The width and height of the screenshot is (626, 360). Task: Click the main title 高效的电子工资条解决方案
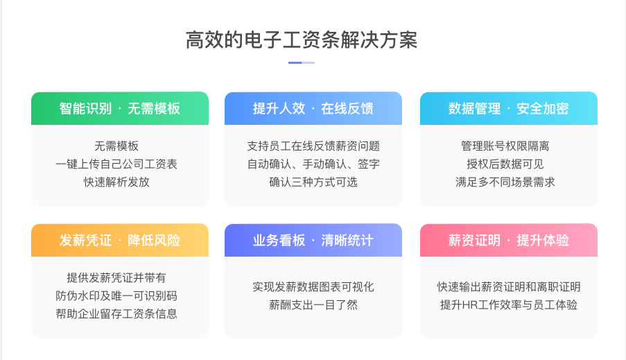click(302, 40)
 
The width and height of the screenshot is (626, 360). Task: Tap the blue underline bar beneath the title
click(302, 62)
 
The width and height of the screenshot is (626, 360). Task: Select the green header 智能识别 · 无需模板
click(120, 108)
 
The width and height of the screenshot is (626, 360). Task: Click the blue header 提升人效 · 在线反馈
click(313, 108)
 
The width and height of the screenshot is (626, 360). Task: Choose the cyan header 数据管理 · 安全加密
click(509, 108)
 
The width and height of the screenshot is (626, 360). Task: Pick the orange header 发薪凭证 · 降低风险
click(120, 240)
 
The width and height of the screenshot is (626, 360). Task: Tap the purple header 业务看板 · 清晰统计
click(313, 240)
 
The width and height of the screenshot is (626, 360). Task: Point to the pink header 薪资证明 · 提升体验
click(509, 240)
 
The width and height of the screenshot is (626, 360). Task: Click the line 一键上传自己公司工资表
click(116, 164)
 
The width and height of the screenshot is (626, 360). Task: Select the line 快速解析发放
click(116, 182)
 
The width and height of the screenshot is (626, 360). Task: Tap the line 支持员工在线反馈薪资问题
click(313, 146)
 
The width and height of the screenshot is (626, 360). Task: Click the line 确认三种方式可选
click(313, 182)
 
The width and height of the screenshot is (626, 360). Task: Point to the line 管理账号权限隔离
click(505, 146)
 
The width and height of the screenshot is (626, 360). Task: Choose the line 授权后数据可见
click(505, 164)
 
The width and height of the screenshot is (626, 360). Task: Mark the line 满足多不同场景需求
click(505, 182)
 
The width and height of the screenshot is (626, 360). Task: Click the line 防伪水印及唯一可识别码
click(116, 296)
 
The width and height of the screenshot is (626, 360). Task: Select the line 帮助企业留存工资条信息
click(116, 314)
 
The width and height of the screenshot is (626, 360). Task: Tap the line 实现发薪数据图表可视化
click(313, 287)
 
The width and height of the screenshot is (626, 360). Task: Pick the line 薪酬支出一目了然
click(313, 305)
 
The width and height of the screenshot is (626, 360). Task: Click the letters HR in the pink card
click(469, 305)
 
